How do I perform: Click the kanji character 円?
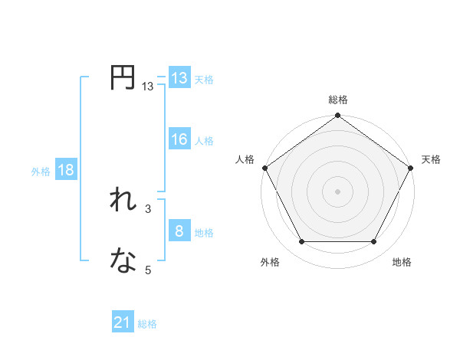pyautogui.click(x=123, y=78)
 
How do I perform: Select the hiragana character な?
pyautogui.click(x=123, y=261)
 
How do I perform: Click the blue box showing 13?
pyautogui.click(x=179, y=78)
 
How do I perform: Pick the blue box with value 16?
pyautogui.click(x=179, y=139)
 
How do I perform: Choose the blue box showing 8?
pyautogui.click(x=179, y=231)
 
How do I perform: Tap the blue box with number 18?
pyautogui.click(x=66, y=170)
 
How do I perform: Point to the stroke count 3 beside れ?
pyautogui.click(x=148, y=208)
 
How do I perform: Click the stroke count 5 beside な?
pyautogui.click(x=148, y=269)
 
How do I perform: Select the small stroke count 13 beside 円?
pyautogui.click(x=148, y=87)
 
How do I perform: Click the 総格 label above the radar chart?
pyautogui.click(x=337, y=100)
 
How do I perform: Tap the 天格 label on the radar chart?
pyautogui.click(x=432, y=159)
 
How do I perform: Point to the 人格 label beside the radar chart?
pyautogui.click(x=245, y=159)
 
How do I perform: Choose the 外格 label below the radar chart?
pyautogui.click(x=270, y=262)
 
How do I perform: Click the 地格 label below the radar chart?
pyautogui.click(x=402, y=262)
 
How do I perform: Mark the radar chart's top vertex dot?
pyautogui.click(x=337, y=116)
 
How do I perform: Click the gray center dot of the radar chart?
pyautogui.click(x=337, y=191)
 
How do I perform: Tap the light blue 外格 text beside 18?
pyautogui.click(x=41, y=172)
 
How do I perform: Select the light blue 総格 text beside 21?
pyautogui.click(x=147, y=324)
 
